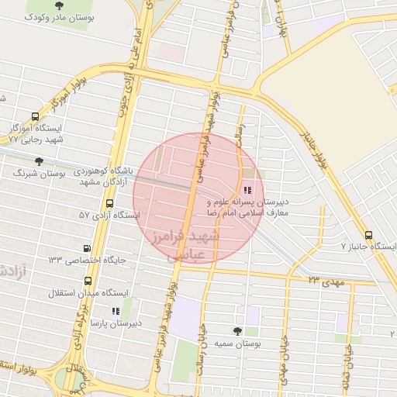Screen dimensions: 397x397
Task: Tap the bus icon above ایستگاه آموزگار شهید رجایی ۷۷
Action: [36, 117]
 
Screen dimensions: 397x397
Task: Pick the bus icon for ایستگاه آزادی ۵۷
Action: [109, 204]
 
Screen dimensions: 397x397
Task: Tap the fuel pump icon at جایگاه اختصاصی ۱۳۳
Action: [87, 248]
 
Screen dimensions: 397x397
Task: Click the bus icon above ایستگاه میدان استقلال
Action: [86, 281]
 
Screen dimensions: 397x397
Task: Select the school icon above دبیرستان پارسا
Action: [116, 310]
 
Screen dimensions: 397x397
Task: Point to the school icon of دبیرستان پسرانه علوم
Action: [248, 189]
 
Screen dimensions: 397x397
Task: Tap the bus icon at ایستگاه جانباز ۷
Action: [368, 235]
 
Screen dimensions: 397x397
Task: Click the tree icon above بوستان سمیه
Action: [237, 331]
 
